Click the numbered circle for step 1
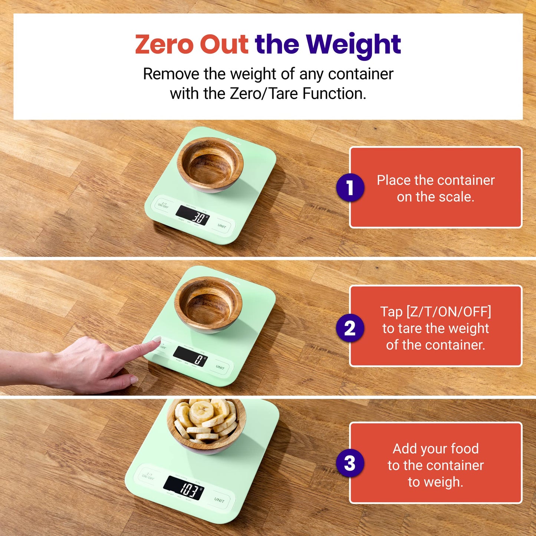click(350, 188)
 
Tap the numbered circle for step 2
click(350, 328)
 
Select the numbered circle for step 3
click(350, 463)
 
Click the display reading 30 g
click(193, 216)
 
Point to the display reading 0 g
click(191, 356)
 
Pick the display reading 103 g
click(184, 488)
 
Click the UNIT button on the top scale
click(222, 226)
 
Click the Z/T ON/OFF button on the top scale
click(163, 205)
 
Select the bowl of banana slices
click(206, 425)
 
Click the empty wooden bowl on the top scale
click(210, 164)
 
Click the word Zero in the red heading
click(164, 45)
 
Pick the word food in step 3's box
click(465, 448)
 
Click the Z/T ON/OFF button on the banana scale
click(148, 476)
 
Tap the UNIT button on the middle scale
click(220, 367)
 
